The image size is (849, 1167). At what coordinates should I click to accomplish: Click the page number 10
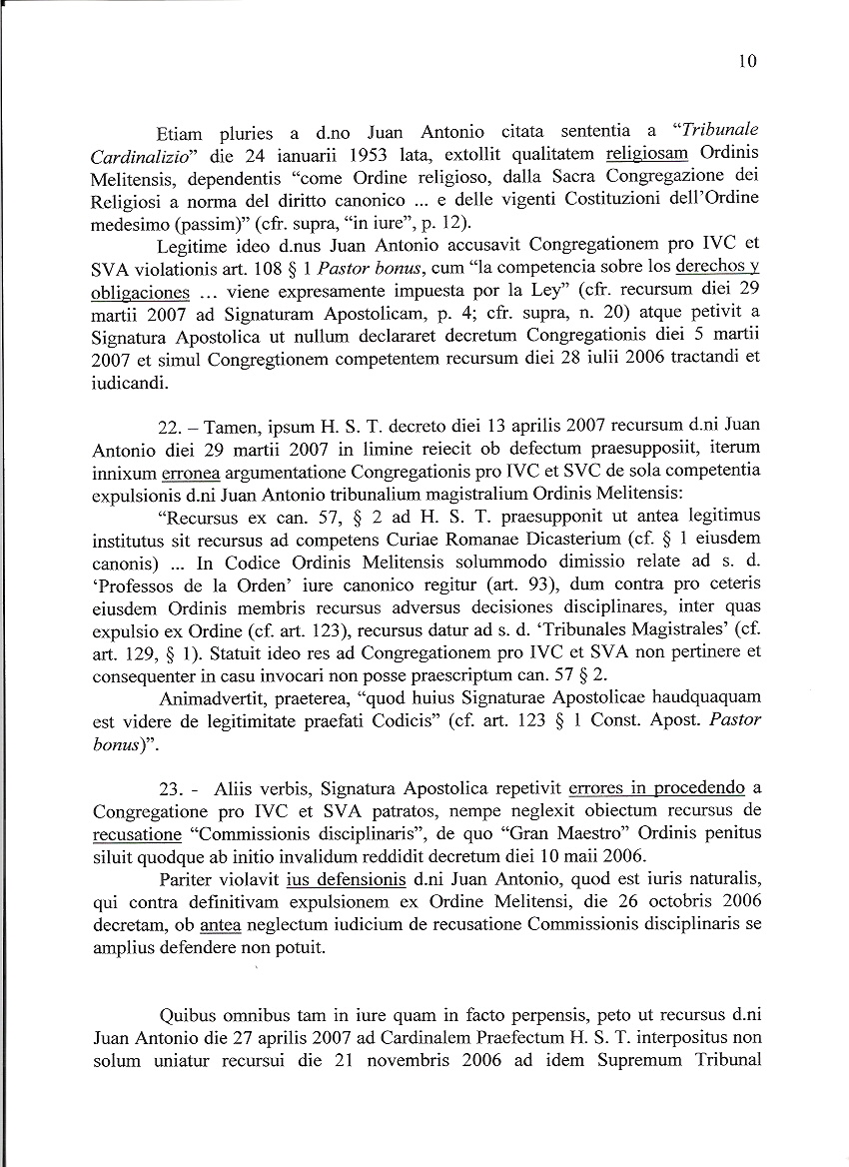coord(748,62)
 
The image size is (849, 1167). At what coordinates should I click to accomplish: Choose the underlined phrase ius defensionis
coord(345,879)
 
